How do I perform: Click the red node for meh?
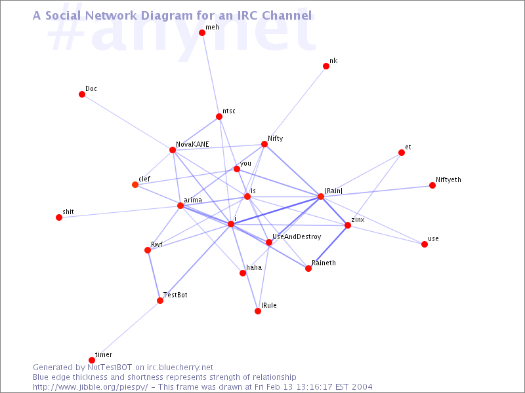pos(202,32)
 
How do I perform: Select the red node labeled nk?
pos(326,66)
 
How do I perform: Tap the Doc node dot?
pos(82,94)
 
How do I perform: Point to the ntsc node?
pos(219,117)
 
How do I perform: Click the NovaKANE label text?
pos(192,144)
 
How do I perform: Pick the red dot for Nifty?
pos(264,144)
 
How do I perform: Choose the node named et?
pos(402,153)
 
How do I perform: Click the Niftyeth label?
pos(448,179)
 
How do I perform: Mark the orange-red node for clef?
pos(135,185)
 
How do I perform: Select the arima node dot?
pos(180,206)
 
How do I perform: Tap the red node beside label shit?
pos(59,217)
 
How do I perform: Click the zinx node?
pos(348,225)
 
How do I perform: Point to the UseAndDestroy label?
pos(297,237)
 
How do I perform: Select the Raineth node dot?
pos(308,269)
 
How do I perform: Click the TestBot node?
pos(160,301)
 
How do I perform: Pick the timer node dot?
pos(92,360)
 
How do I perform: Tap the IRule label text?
pos(269,305)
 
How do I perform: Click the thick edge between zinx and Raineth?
pos(328,247)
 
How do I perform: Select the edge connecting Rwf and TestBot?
pos(154,275)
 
